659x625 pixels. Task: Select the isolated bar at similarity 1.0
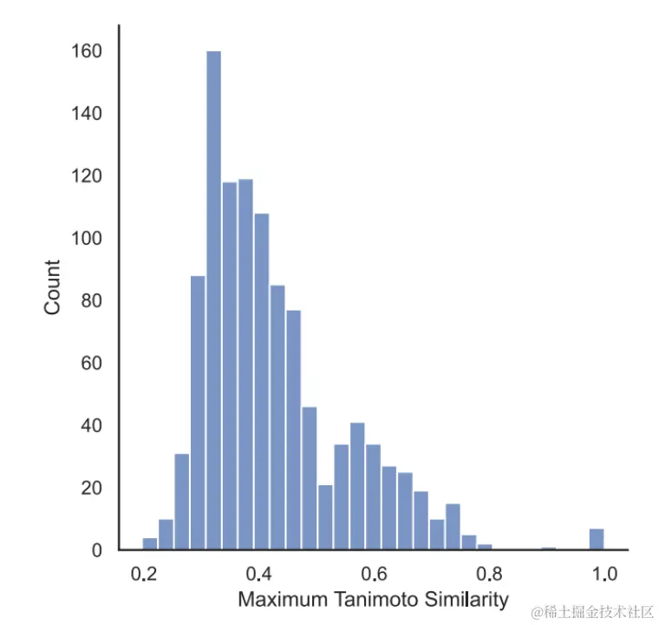[x=597, y=539]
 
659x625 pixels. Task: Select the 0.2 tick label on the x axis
[x=144, y=574]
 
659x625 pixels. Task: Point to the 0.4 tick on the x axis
[x=259, y=574]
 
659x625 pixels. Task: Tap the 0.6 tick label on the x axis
[x=374, y=574]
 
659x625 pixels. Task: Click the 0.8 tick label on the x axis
[x=489, y=574]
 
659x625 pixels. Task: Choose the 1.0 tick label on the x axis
[x=604, y=574]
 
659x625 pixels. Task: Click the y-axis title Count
[x=53, y=287]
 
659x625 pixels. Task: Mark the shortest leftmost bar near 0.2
[x=150, y=544]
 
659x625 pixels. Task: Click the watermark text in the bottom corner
[x=592, y=612]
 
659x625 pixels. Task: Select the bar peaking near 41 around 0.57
[x=357, y=486]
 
